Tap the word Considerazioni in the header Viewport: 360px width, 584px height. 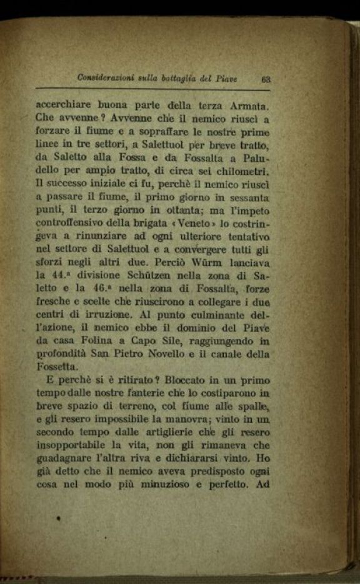click(x=105, y=77)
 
